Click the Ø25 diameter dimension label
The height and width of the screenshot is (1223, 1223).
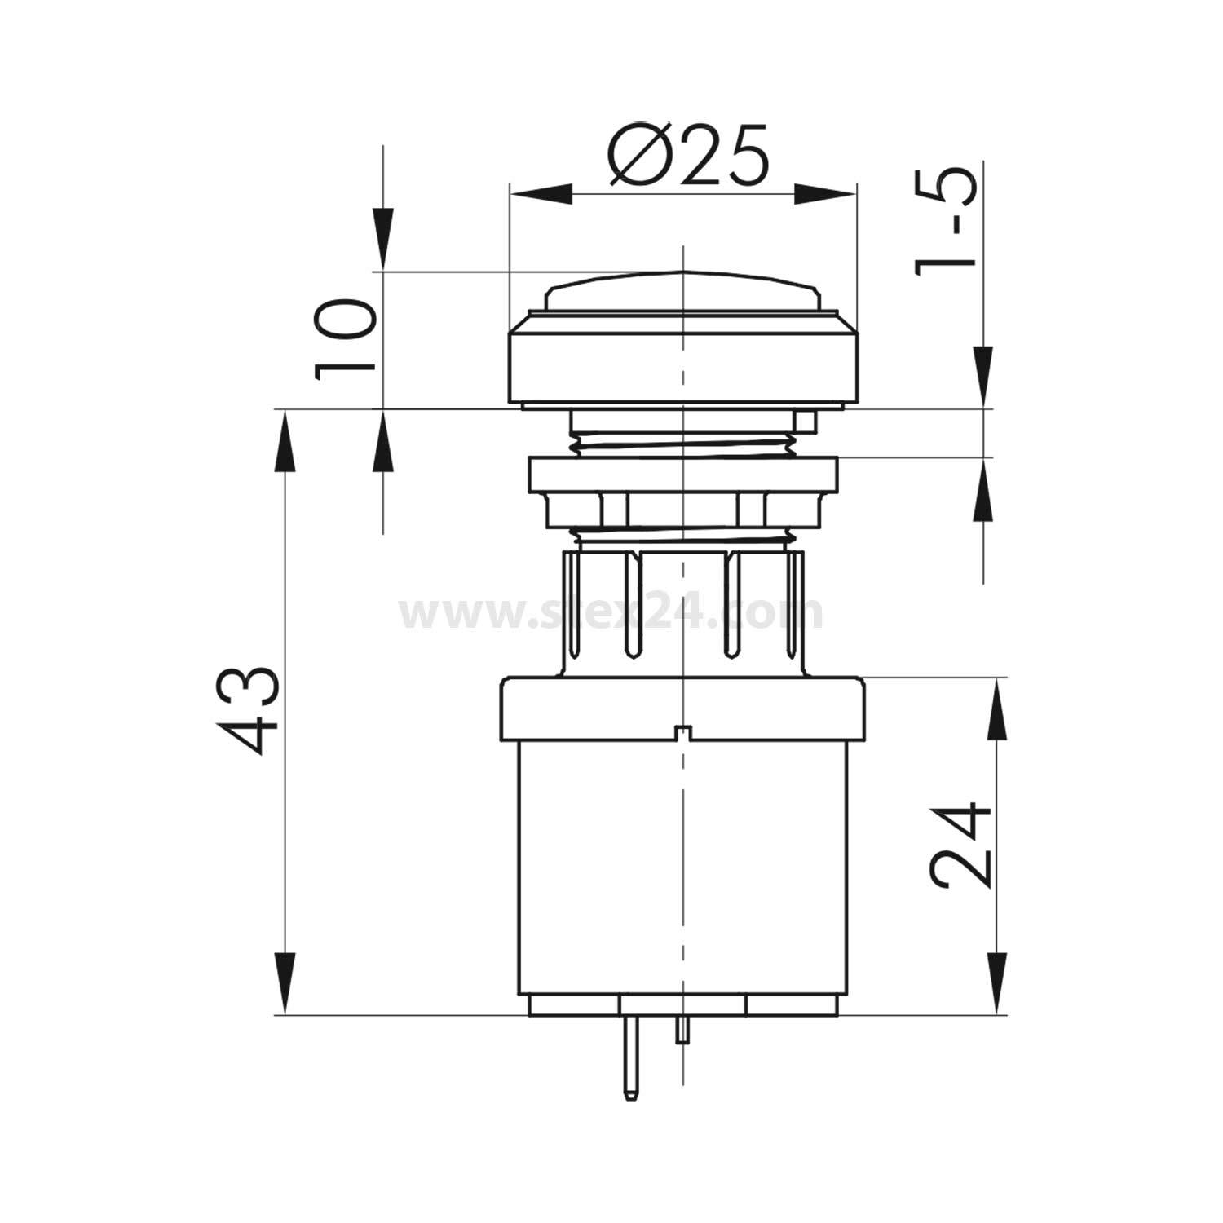[x=687, y=155]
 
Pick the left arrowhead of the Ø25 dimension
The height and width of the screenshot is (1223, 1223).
[x=538, y=194]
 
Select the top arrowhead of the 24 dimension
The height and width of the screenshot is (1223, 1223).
[x=996, y=709]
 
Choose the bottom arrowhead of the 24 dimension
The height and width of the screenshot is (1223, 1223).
[x=996, y=984]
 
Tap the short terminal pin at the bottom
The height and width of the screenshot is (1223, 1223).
[x=682, y=1030]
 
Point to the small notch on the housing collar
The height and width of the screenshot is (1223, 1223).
[x=683, y=732]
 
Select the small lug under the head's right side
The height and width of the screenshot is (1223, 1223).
[x=805, y=421]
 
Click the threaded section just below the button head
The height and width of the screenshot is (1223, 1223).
[x=683, y=445]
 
